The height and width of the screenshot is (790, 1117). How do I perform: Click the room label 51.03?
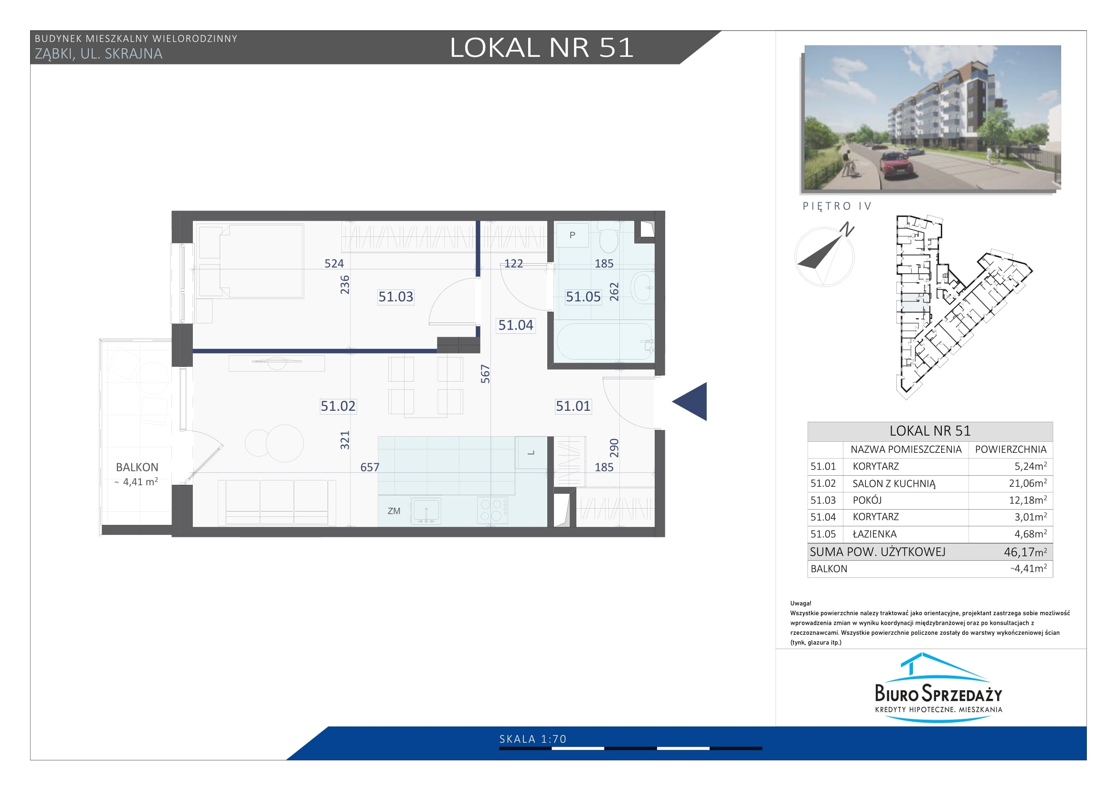[x=395, y=297]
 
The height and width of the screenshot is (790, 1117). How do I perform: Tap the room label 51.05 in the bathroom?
[x=583, y=297]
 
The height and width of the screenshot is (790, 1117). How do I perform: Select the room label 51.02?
[x=338, y=406]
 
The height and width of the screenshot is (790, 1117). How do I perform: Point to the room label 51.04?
[x=516, y=325]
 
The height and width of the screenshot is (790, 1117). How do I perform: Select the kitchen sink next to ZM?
[x=426, y=511]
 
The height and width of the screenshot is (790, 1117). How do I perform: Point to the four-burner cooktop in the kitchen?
[x=493, y=510]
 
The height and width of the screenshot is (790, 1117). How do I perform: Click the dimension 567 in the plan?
[x=485, y=374]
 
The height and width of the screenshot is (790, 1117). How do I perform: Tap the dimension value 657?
[x=370, y=468]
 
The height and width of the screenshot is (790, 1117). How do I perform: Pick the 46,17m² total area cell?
[x=1025, y=552]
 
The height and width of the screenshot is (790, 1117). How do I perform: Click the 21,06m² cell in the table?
[x=1028, y=483]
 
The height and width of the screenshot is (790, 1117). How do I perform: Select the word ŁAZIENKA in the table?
[x=875, y=534]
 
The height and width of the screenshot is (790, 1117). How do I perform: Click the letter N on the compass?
[x=848, y=229]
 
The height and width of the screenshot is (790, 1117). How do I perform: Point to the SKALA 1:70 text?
[x=533, y=739]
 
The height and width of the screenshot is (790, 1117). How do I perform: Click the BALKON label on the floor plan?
[x=137, y=468]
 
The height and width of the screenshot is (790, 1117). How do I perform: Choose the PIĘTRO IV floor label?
[x=837, y=206]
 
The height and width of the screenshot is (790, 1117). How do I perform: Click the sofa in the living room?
[x=277, y=502]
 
